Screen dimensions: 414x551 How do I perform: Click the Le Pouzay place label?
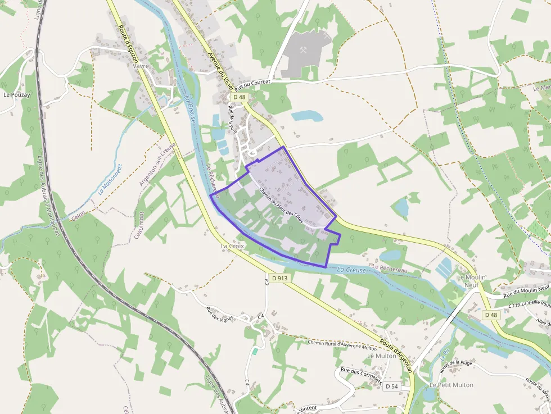(x=16, y=95)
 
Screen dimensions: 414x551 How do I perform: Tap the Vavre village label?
(x=141, y=66)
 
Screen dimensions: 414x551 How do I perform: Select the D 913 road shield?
(x=279, y=277)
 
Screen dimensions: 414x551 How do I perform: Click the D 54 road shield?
(x=392, y=386)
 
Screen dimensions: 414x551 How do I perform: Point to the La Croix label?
(x=232, y=246)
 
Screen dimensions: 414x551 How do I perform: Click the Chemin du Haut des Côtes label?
(x=281, y=205)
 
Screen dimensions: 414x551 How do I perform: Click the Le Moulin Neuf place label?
(x=471, y=281)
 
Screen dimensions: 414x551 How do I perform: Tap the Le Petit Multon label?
(x=451, y=385)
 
